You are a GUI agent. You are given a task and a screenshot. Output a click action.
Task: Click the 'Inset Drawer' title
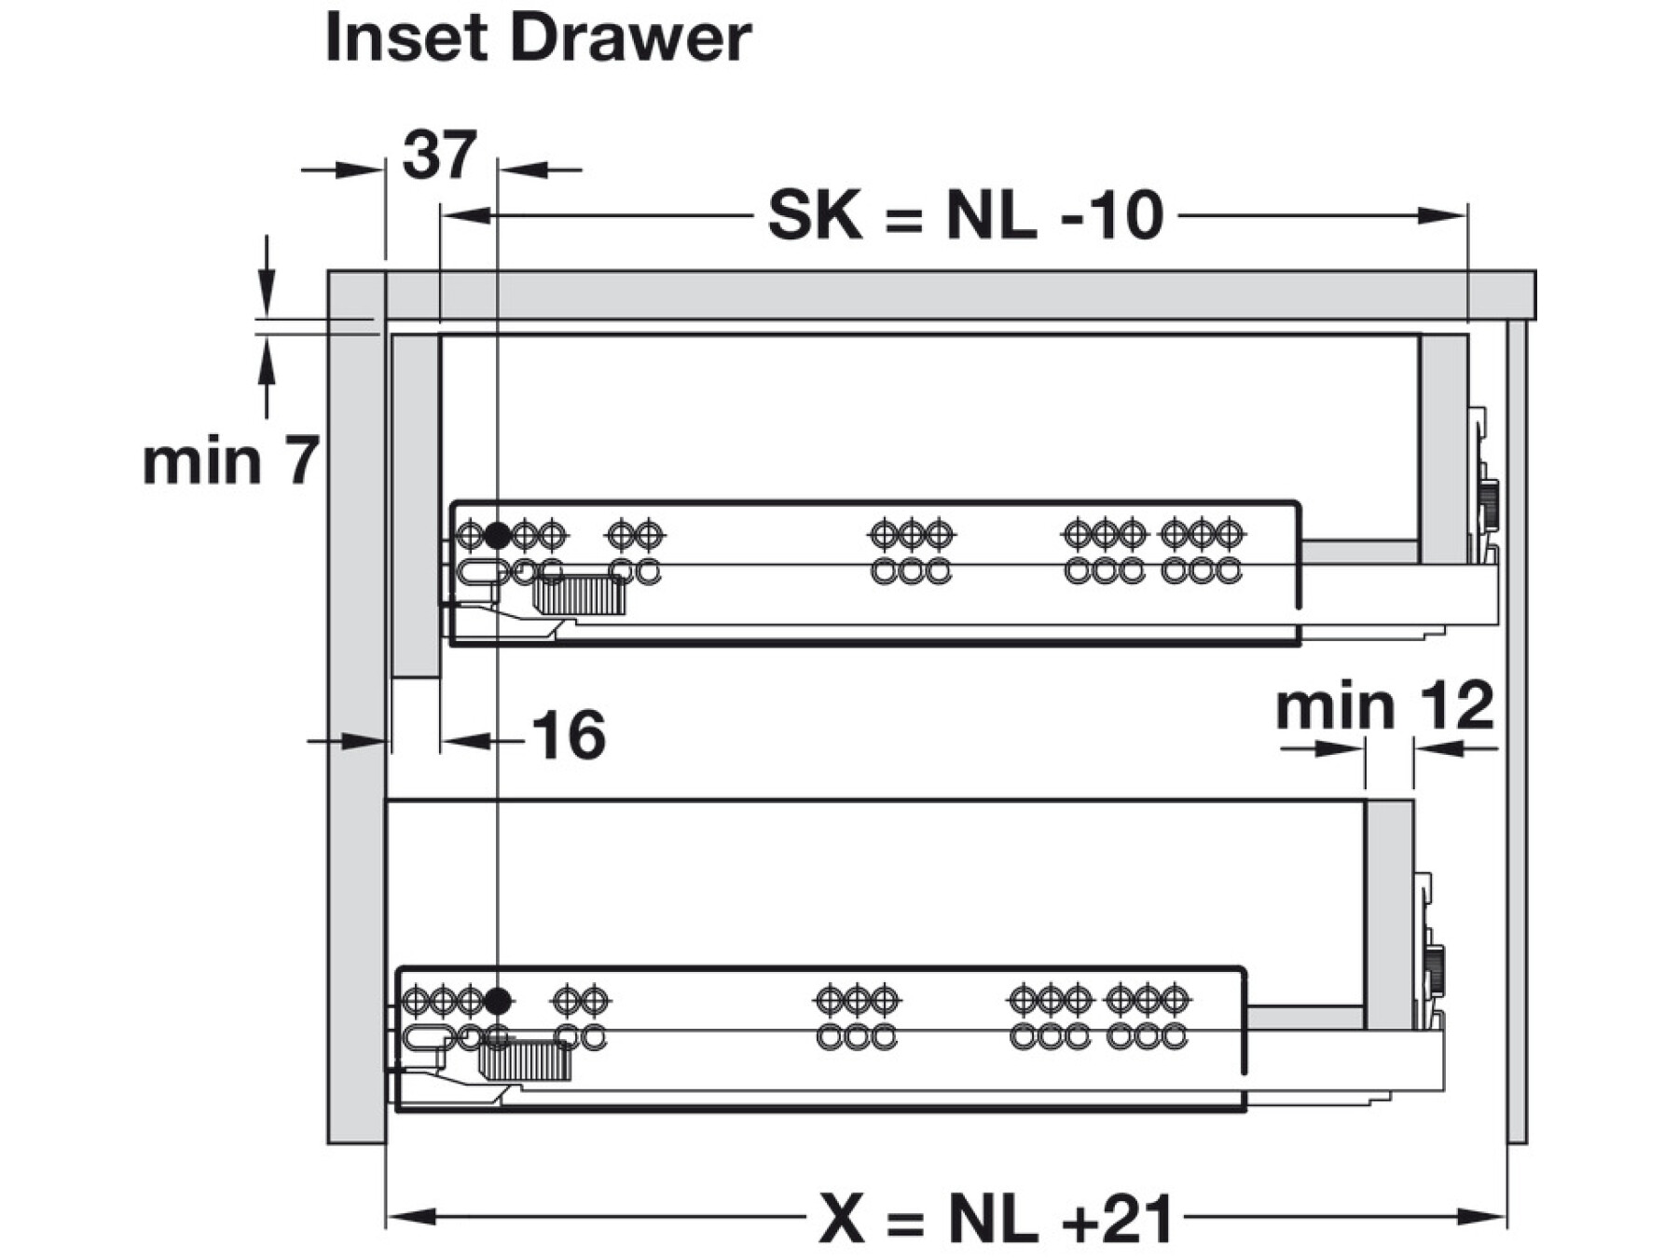[x=538, y=39]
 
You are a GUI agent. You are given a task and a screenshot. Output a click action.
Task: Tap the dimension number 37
[x=440, y=156]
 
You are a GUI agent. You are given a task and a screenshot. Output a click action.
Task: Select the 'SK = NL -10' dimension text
[x=965, y=216]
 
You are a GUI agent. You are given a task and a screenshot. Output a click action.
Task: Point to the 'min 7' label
[x=231, y=460]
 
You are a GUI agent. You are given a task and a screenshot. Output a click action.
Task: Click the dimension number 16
[x=569, y=735]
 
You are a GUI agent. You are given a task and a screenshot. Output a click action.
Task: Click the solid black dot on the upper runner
[x=498, y=536]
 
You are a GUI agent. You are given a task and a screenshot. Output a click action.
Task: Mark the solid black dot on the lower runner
[x=498, y=1003]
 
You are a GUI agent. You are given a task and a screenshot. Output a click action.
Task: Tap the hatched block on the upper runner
[x=579, y=595]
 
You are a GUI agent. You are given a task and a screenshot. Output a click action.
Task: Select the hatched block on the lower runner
[x=524, y=1061]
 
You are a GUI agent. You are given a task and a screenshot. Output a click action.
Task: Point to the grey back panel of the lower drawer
[x=1389, y=913]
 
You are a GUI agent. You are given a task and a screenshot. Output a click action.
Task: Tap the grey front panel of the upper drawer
[x=415, y=503]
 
